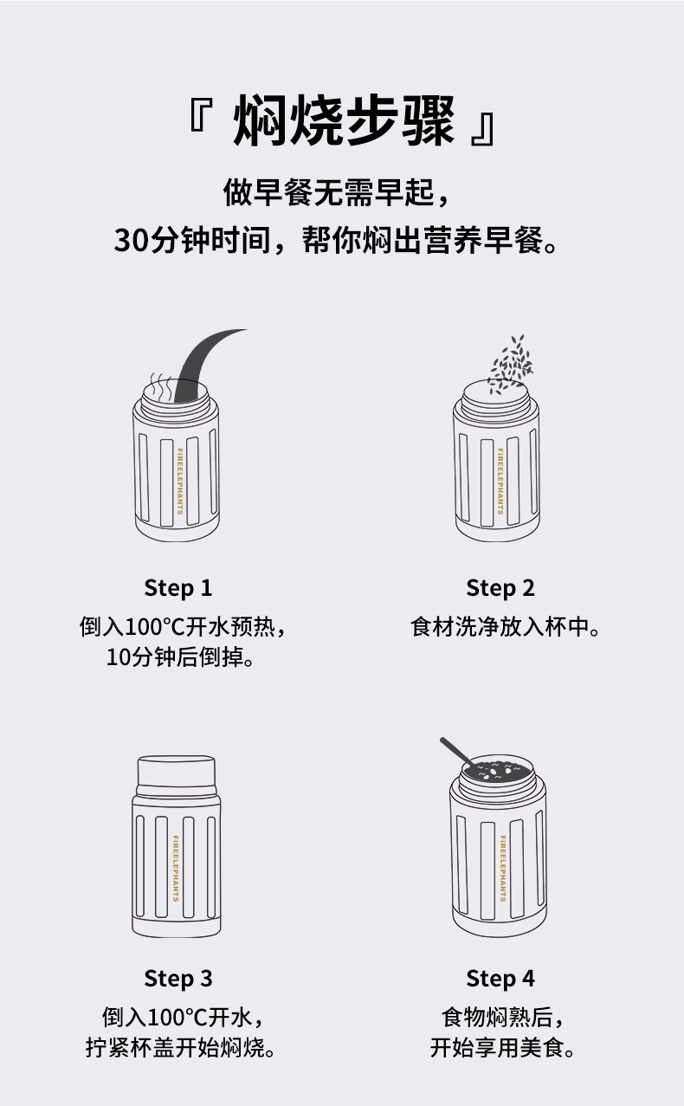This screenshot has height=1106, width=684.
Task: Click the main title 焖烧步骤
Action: (343, 120)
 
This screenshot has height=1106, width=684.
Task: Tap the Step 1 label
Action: (178, 588)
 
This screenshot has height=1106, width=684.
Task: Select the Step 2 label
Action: (500, 588)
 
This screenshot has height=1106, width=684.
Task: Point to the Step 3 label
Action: (178, 979)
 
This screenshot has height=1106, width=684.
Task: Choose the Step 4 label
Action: (500, 979)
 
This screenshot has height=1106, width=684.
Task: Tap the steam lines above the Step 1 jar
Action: (161, 388)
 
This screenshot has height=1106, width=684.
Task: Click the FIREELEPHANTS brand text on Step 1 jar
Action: (179, 482)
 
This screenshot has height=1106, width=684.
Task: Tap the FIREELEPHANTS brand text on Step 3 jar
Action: (176, 869)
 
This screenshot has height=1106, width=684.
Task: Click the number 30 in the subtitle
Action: (131, 241)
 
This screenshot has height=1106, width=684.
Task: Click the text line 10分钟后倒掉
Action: (180, 657)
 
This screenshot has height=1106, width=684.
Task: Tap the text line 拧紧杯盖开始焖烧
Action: (180, 1047)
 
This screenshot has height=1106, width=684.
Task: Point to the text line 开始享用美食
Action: (502, 1047)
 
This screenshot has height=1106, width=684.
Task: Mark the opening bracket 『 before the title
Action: (201, 114)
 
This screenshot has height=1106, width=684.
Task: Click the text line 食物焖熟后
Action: (502, 1018)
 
